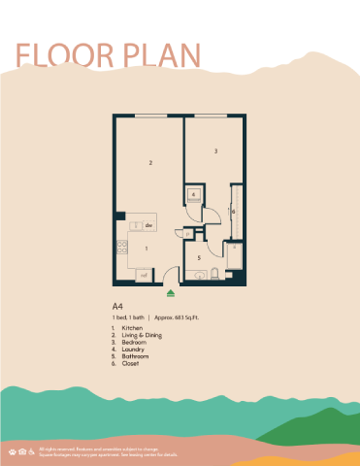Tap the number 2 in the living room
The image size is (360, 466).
151,163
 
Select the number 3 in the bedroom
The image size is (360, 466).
214,150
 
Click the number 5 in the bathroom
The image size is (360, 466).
198,257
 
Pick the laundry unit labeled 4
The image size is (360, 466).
194,195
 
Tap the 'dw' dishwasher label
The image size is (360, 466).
149,226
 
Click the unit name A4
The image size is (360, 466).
117,307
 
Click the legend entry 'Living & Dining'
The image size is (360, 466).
142,335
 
